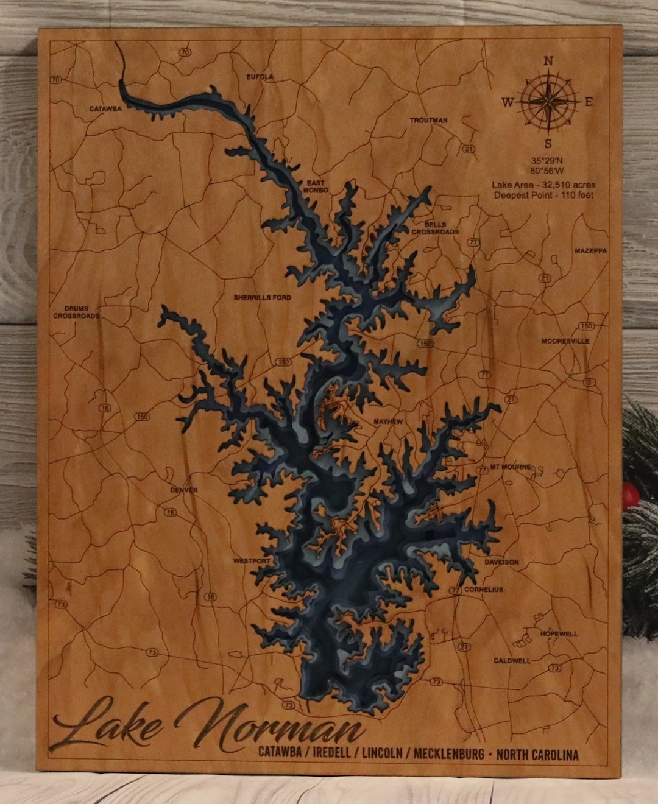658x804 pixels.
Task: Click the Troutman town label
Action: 428,121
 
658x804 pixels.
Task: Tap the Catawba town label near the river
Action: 106,109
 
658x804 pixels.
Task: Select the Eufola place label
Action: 260,77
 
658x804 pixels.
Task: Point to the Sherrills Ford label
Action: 263,298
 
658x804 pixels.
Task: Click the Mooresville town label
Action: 565,341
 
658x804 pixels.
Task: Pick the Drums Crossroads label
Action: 76,312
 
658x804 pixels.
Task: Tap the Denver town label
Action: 184,490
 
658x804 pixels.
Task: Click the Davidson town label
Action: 502,562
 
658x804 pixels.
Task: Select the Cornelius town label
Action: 484,590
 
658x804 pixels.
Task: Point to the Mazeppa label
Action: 590,251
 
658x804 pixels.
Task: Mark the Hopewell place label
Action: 559,634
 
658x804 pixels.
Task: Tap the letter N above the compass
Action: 548,61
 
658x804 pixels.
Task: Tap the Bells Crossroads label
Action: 436,228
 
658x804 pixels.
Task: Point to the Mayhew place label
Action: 388,421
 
